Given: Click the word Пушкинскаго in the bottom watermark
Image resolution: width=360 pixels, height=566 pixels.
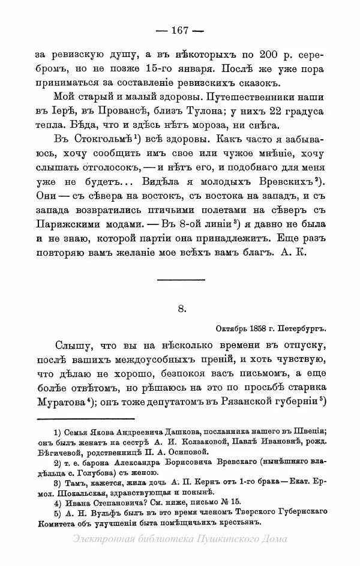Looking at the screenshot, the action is point(230,539).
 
